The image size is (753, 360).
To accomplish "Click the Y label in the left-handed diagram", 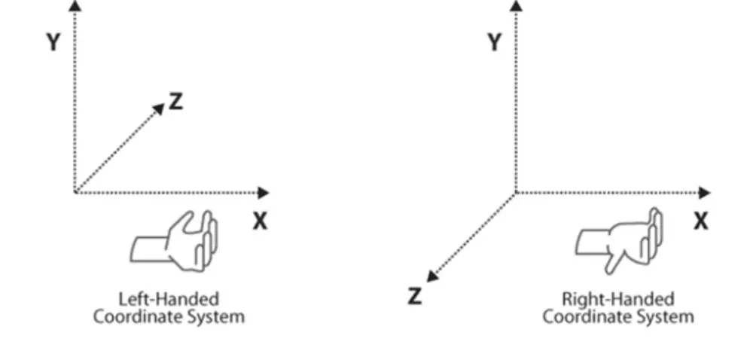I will (x=53, y=42).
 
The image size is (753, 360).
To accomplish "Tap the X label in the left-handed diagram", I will (x=259, y=221).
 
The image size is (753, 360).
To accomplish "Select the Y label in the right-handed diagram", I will (x=494, y=42).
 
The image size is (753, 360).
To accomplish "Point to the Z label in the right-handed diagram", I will (x=415, y=297).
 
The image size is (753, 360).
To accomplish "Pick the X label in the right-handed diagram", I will (x=700, y=221).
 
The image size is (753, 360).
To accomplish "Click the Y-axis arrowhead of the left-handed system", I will (x=74, y=7).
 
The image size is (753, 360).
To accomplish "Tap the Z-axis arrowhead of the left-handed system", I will (x=158, y=109).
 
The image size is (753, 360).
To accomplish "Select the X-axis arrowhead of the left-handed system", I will (x=264, y=193).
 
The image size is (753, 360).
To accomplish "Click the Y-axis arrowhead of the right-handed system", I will (x=516, y=7).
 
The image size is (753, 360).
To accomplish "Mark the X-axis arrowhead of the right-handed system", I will (x=704, y=193).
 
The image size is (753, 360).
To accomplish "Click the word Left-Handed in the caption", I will (x=169, y=299).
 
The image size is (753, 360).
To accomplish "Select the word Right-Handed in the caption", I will (x=618, y=299).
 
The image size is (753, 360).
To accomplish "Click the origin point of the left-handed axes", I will (x=75, y=193).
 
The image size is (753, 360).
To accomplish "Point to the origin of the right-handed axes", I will (x=516, y=193).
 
